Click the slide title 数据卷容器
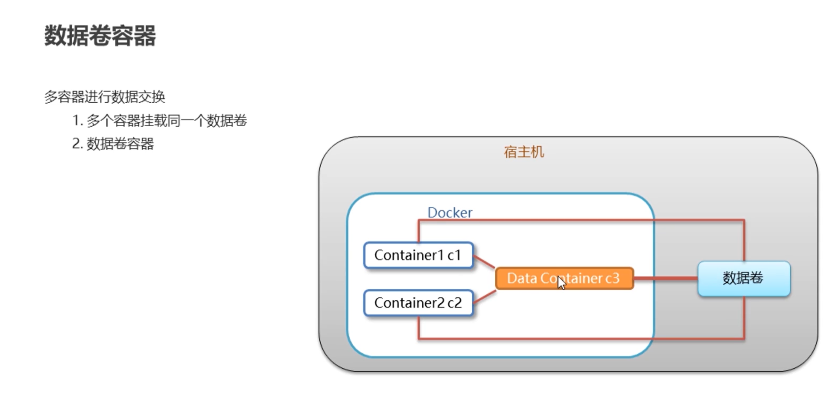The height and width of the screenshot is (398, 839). (x=100, y=36)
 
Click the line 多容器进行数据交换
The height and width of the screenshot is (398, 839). (x=105, y=97)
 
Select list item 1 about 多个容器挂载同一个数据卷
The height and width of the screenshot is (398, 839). (x=160, y=121)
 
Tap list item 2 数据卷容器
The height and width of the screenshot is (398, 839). (x=113, y=144)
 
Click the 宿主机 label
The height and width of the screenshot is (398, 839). (x=524, y=152)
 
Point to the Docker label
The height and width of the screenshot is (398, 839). (x=450, y=212)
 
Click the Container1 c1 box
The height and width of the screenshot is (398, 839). (x=419, y=255)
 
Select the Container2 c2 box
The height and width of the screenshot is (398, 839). (x=419, y=303)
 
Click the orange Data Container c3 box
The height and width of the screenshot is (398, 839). (x=565, y=278)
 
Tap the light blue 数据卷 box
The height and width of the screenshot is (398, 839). (x=744, y=279)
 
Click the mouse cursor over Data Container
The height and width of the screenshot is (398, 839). (x=561, y=283)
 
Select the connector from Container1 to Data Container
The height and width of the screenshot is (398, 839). (x=484, y=262)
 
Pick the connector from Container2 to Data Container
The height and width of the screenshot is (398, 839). (x=484, y=297)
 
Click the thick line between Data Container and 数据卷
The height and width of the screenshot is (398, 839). (x=666, y=278)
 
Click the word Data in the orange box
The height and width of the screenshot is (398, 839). (x=522, y=278)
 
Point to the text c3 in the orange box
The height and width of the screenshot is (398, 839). (x=613, y=278)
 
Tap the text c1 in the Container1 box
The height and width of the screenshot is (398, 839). (x=454, y=255)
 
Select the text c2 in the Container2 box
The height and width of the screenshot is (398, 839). (x=454, y=303)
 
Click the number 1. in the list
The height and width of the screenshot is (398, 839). (x=78, y=121)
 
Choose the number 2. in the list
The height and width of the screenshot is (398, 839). (x=78, y=144)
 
